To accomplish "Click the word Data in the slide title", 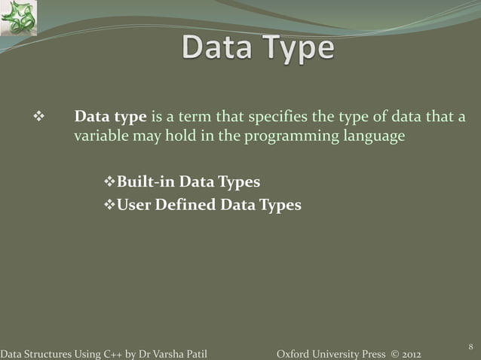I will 219,49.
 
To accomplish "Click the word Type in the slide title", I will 299,49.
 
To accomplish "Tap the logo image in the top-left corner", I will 19,18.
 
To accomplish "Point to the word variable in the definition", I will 99,137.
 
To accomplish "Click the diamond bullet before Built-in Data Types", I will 106,183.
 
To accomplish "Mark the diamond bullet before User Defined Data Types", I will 106,204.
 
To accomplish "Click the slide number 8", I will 470,346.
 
